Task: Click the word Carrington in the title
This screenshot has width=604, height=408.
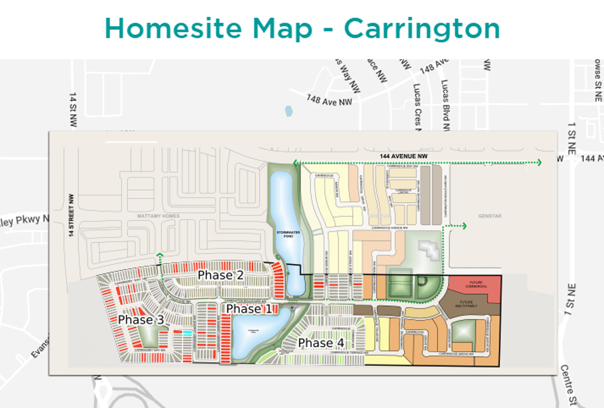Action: pyautogui.click(x=422, y=29)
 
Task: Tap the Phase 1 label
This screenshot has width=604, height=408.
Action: pyautogui.click(x=249, y=309)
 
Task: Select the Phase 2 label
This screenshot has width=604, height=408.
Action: pyautogui.click(x=221, y=275)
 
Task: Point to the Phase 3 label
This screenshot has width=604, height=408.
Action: pyautogui.click(x=141, y=320)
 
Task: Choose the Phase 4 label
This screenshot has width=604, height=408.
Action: pyautogui.click(x=321, y=343)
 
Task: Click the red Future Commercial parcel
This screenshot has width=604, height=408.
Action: pyautogui.click(x=475, y=285)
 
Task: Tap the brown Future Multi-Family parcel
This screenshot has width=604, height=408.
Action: pyautogui.click(x=466, y=304)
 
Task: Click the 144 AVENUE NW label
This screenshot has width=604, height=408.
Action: pyautogui.click(x=404, y=156)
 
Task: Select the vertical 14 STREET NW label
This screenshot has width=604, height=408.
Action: pyautogui.click(x=71, y=215)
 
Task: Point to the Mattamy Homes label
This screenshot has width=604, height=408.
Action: pyautogui.click(x=158, y=216)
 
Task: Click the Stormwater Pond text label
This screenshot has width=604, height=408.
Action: pyautogui.click(x=288, y=234)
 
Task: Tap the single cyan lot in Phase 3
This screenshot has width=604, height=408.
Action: pyautogui.click(x=187, y=333)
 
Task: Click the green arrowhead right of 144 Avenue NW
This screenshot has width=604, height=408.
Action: pyautogui.click(x=539, y=162)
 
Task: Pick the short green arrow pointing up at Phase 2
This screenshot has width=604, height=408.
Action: pyautogui.click(x=160, y=256)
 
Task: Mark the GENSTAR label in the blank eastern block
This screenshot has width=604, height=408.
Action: pyautogui.click(x=490, y=216)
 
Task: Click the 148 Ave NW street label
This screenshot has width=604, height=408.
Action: pyautogui.click(x=329, y=100)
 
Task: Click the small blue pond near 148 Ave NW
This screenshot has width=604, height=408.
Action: pyautogui.click(x=289, y=111)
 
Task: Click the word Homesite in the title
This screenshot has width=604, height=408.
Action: pyautogui.click(x=173, y=29)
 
